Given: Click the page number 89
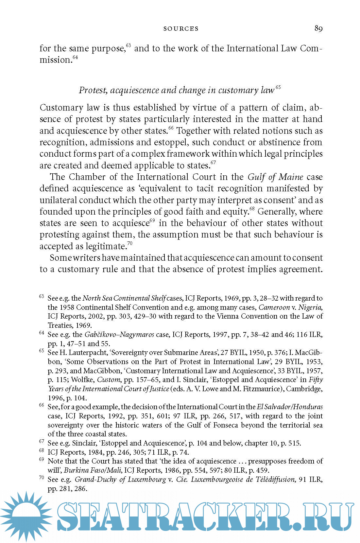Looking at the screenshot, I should coord(318,28).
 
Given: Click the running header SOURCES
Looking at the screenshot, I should coord(181,29).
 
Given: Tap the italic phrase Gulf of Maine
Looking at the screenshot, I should coord(275,177).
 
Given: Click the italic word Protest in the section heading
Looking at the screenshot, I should coord(93,90).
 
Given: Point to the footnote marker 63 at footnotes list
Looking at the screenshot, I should coord(41,296).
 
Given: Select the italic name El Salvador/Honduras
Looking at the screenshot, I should coord(290,407).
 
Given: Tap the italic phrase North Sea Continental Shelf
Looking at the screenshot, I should coord(124,298).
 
